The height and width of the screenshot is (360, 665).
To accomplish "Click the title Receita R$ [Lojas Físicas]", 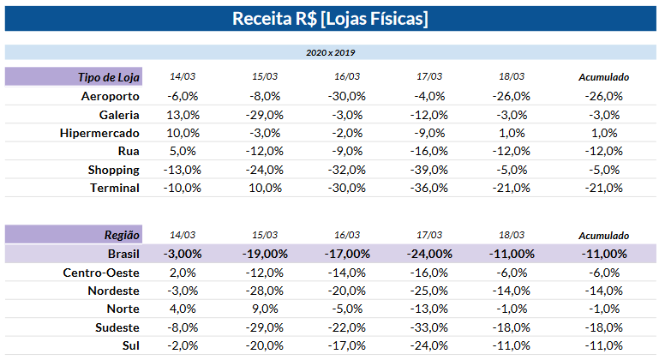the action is pos(330,19).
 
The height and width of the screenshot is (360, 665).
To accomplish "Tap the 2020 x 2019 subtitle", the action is pos(331,52).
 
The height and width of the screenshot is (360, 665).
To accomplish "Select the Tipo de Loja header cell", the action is pos(74,77).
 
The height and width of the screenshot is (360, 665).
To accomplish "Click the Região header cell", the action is pos(74,235).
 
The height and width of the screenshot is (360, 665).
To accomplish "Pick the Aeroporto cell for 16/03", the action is pos(346,96).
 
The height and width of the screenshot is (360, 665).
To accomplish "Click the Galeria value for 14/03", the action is pos(183,115).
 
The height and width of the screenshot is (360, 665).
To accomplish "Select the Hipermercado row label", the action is pos(99,133).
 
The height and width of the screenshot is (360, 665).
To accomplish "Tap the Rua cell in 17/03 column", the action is pos(428,152).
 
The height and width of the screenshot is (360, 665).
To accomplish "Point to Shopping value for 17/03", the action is pos(428,170).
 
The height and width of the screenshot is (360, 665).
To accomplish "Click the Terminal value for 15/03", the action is pos(265,188).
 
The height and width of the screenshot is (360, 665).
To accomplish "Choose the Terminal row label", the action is pos(115,188).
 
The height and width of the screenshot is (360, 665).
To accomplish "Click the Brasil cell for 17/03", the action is pos(429,254).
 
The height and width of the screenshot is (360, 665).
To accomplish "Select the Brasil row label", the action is pos(123,254).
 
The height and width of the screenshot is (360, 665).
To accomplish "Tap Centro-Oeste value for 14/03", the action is pos(183,273).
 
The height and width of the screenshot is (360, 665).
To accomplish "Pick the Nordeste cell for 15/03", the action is pos(264,291).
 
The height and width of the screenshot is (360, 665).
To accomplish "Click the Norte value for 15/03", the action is pos(265,309).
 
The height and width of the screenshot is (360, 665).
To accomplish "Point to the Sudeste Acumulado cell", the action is pos(603,327).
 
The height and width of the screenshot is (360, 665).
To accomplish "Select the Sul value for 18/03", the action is pos(511,345).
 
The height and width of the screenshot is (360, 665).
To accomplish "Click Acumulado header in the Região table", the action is pos(603,236).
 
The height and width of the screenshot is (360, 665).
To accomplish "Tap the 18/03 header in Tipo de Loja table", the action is pos(512,76).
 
